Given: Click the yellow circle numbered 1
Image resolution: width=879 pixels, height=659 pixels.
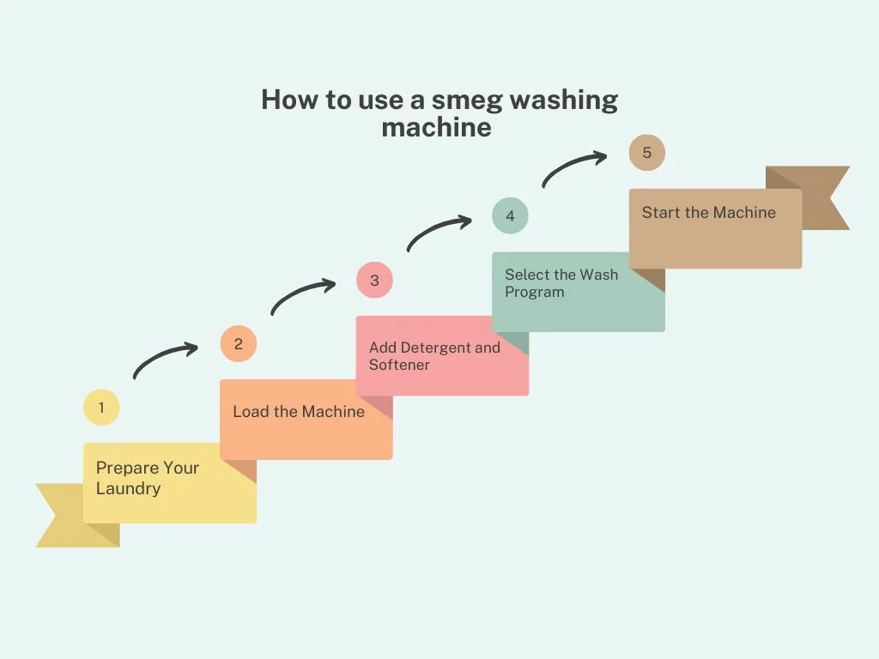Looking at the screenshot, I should click(x=101, y=408).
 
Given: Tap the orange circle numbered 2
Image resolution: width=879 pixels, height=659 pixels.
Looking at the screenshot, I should click(x=238, y=344).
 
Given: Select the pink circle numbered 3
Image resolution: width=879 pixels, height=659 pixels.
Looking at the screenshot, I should click(x=374, y=281).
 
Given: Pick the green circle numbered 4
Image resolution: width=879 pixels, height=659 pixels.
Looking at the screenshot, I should click(x=510, y=216).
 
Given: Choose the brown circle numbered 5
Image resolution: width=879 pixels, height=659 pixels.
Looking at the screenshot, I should click(x=646, y=153).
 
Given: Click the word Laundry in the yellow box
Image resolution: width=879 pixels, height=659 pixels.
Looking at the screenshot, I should click(x=128, y=489).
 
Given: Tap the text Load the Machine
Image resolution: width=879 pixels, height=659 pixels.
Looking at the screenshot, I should click(x=299, y=412).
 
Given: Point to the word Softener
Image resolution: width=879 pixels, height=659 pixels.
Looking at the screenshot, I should click(x=399, y=365).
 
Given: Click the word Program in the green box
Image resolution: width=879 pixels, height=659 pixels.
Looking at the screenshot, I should click(x=534, y=292).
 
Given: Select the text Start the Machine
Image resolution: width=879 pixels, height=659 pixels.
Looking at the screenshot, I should click(x=708, y=213).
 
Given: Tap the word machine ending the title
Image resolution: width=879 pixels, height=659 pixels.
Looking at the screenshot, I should click(x=436, y=128).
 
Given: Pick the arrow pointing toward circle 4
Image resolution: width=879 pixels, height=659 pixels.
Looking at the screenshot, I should click(x=438, y=232).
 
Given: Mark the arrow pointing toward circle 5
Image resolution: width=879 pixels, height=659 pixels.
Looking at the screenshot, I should click(x=573, y=168).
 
